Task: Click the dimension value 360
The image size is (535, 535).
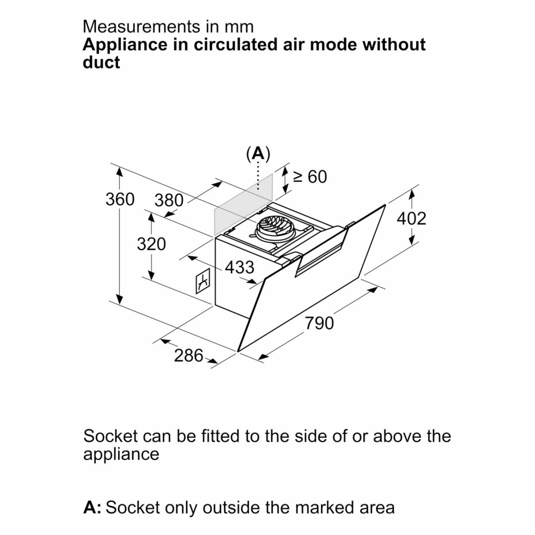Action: coord(120,200)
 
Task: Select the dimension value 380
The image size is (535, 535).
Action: coord(169,201)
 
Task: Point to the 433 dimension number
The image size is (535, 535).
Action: coord(239,267)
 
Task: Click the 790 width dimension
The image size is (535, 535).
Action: coord(319,323)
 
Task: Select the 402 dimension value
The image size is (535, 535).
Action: coord(411,218)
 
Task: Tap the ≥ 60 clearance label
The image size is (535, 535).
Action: coord(310,177)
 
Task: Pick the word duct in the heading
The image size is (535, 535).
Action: coord(101,63)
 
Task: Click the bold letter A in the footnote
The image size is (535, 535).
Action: coord(90,507)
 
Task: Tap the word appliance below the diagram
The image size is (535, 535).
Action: coord(121,455)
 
